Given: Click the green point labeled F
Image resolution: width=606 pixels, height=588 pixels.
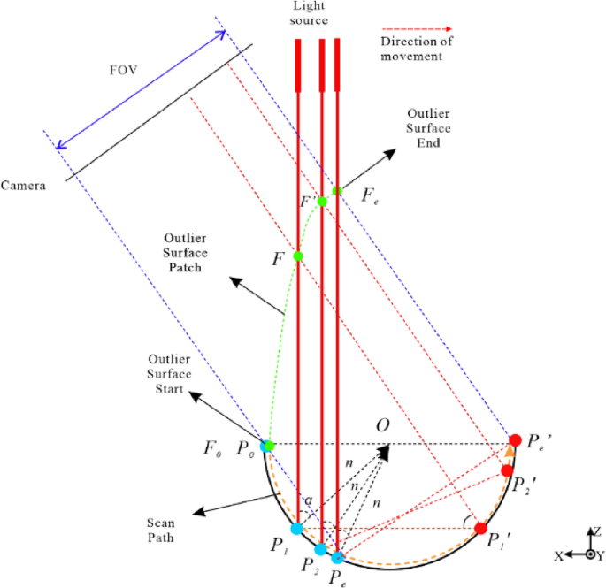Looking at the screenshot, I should [298, 257].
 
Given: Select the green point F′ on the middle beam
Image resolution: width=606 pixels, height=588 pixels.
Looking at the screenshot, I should [322, 202].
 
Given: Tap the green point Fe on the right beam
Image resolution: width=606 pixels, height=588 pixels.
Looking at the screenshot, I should [337, 190].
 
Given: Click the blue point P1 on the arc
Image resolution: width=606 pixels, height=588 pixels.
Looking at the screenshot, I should [297, 528].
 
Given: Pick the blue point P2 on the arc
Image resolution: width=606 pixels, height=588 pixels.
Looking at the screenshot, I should [321, 549].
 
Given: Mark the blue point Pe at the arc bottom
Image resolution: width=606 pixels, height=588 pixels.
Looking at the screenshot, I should [337, 557].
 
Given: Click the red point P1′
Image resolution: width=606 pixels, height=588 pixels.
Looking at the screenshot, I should [481, 528].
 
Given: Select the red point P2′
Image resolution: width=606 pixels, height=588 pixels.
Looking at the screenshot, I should [507, 470].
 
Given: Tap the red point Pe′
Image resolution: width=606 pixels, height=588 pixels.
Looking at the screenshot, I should [515, 439].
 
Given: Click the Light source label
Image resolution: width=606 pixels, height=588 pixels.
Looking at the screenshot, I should [310, 13].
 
